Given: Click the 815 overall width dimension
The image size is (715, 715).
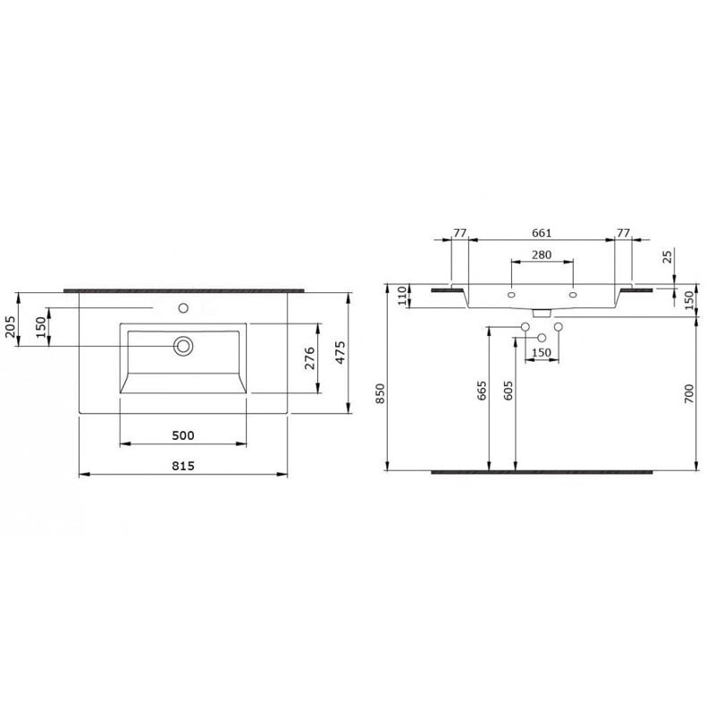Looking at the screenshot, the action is click(x=183, y=466).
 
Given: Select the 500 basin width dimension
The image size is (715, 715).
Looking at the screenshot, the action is click(x=183, y=435).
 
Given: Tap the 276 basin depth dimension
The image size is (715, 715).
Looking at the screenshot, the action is click(x=309, y=358).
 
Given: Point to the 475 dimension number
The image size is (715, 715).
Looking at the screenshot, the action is click(x=341, y=352).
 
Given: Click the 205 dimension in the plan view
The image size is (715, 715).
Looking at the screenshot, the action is click(x=11, y=326).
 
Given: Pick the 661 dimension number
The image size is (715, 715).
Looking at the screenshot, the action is click(x=542, y=232).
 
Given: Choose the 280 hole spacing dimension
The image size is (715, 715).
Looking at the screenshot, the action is click(x=542, y=255).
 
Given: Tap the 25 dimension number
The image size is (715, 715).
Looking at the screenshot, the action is click(x=668, y=257).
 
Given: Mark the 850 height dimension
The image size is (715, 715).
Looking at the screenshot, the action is click(x=380, y=393).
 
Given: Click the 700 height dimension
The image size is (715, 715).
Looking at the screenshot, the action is click(x=688, y=393).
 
